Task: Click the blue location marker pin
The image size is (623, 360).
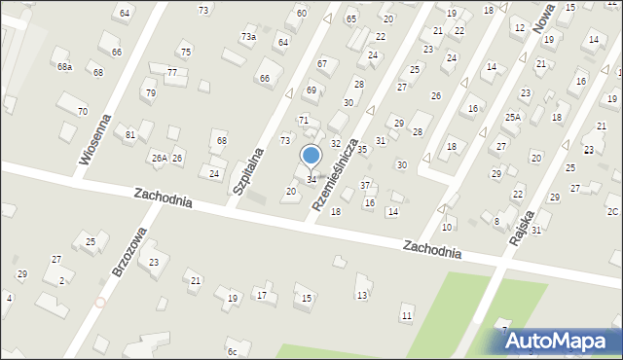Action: coord(311,156)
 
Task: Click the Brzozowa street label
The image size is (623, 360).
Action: coord(128,253)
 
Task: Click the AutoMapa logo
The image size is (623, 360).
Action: coord(558,341)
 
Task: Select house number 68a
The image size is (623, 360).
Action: coord(64,67)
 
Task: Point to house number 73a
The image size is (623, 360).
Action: coord(248,37)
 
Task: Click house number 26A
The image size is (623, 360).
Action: coord(159,158)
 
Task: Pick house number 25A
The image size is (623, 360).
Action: coord(512,117)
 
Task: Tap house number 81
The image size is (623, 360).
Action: coord(130,134)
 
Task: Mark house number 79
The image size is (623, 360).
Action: coord(150,93)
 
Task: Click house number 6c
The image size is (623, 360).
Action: coord(232,352)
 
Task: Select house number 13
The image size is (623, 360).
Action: coord(362,295)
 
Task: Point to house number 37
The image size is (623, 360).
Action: coord(365,185)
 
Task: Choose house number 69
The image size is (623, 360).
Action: coord(311,90)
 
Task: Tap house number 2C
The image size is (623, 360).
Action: coord(612,212)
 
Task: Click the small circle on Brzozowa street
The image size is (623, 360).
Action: coord(100,303)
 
